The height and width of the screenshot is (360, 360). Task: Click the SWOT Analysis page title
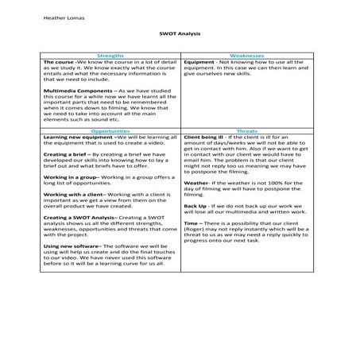click(180, 34)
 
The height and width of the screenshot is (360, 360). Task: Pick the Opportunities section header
click(111, 130)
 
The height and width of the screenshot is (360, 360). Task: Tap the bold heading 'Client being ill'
click(203, 137)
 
